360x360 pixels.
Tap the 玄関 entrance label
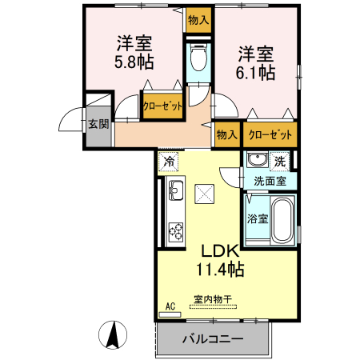98,124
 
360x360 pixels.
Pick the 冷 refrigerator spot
169,161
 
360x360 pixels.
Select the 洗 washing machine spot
279,160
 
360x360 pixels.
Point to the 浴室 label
256,218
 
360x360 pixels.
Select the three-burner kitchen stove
175,229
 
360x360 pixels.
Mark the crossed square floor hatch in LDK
206,193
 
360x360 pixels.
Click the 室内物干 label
212,301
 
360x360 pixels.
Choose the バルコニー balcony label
212,339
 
